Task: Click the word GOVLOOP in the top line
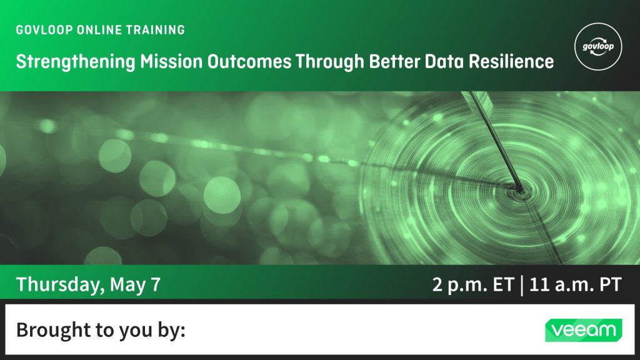click(44, 30)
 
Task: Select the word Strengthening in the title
click(75, 62)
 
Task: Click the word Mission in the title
click(171, 61)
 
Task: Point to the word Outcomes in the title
click(249, 61)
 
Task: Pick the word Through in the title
click(330, 62)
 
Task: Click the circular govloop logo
click(598, 46)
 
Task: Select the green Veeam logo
click(583, 330)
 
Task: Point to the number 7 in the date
click(156, 284)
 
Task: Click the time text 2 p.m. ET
click(472, 285)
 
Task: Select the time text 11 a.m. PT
click(576, 285)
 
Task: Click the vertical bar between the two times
click(522, 285)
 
